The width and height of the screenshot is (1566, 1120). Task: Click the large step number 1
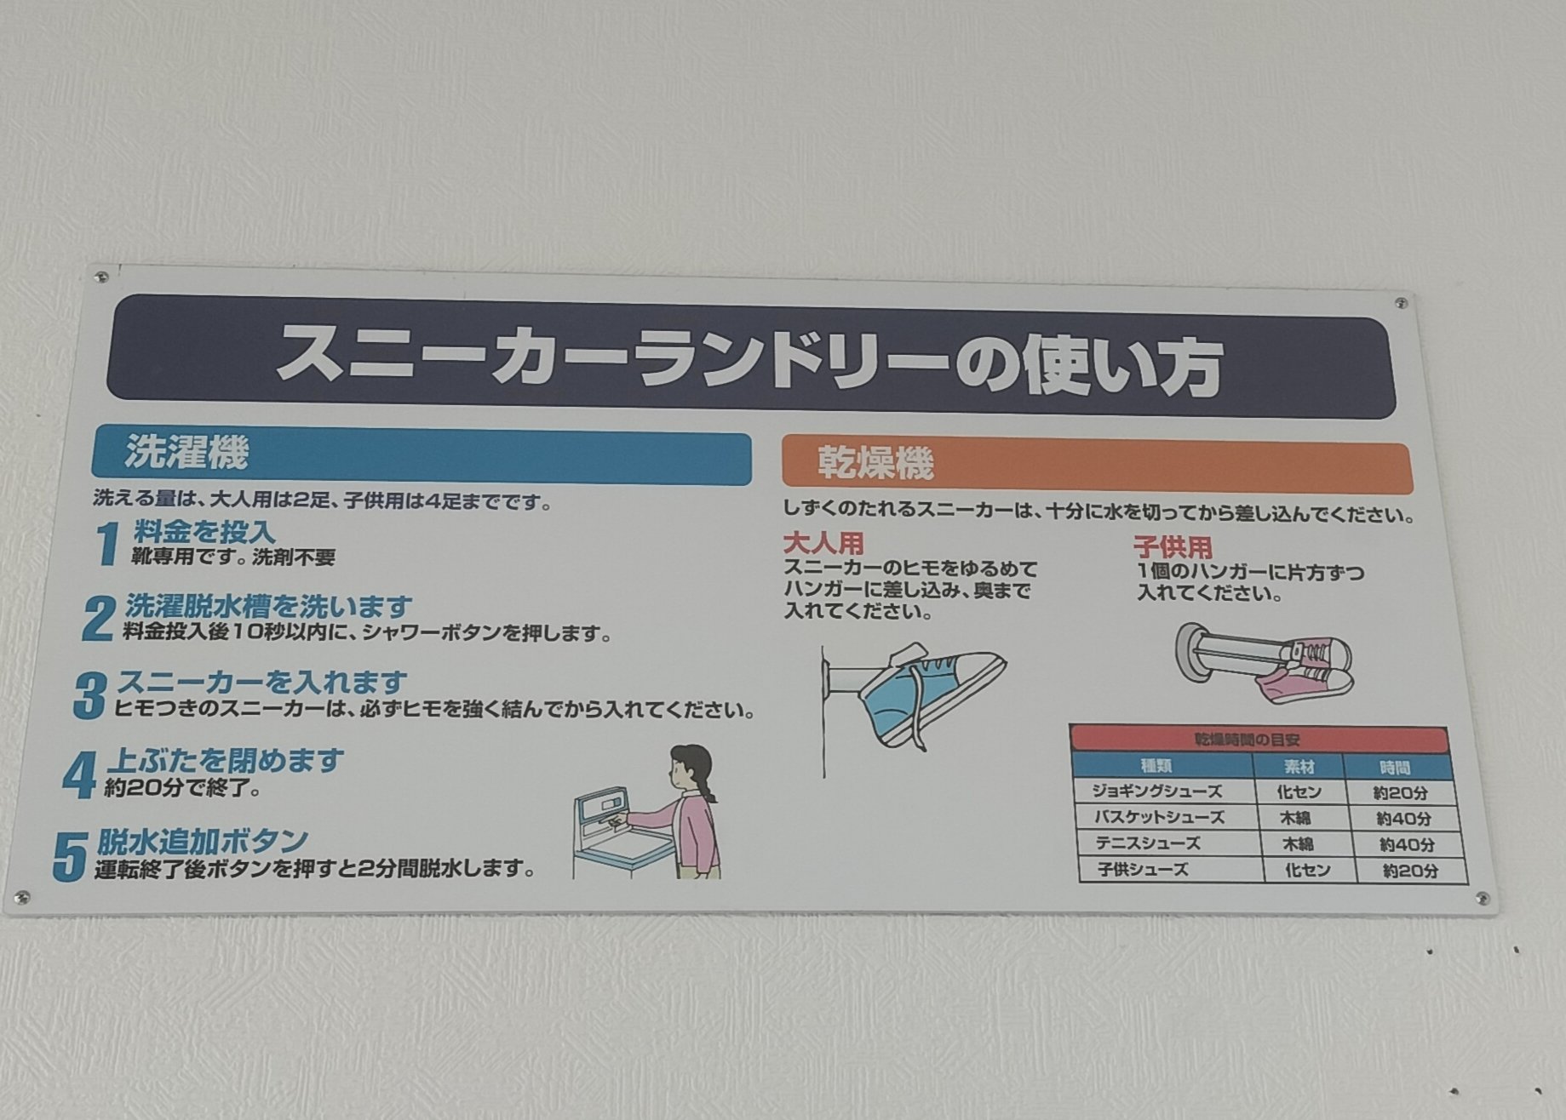point(106,544)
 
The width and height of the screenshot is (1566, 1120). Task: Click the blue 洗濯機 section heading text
point(186,453)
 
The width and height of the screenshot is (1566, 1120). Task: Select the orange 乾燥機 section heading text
point(875,463)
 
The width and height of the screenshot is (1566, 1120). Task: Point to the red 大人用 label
point(823,542)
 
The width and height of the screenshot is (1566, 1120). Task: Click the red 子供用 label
point(1172,546)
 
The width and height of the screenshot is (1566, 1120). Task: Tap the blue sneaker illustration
point(928,694)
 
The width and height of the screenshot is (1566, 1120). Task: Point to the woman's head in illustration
point(690,766)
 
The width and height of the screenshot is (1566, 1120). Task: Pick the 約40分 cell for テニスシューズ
point(1407,845)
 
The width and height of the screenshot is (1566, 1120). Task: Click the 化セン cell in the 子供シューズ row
point(1308,870)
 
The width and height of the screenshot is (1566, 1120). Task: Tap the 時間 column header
point(1395,768)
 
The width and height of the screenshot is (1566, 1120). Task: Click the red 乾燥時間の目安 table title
point(1259,740)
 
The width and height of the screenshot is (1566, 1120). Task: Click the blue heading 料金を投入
point(204,532)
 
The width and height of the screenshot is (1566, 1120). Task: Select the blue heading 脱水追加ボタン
point(202,841)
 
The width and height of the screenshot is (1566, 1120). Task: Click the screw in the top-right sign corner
point(1401,303)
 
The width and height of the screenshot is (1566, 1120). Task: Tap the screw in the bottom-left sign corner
point(22,896)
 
